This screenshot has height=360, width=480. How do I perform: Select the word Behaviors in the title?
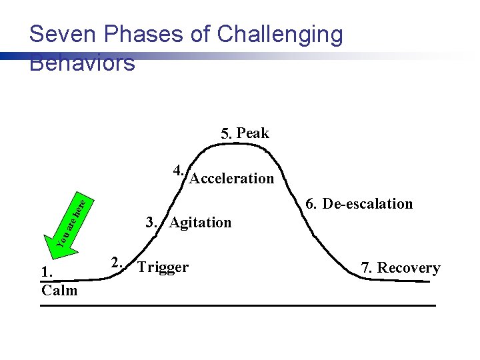pyautogui.click(x=83, y=63)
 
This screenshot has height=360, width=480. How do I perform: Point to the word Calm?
pyautogui.click(x=59, y=290)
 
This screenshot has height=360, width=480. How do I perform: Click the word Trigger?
pyautogui.click(x=163, y=267)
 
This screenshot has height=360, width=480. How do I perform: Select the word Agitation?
pyautogui.click(x=200, y=223)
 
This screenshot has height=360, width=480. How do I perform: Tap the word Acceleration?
pyautogui.click(x=232, y=179)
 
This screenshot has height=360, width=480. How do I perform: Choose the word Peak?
pyautogui.click(x=253, y=133)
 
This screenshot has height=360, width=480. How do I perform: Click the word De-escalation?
pyautogui.click(x=367, y=204)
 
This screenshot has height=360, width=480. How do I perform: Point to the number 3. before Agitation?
pyautogui.click(x=152, y=222)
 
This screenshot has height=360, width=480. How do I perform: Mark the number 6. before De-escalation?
pyautogui.click(x=311, y=204)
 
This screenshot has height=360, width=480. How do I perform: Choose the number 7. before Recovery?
pyautogui.click(x=367, y=268)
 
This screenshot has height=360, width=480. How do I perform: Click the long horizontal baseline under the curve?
pyautogui.click(x=237, y=306)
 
